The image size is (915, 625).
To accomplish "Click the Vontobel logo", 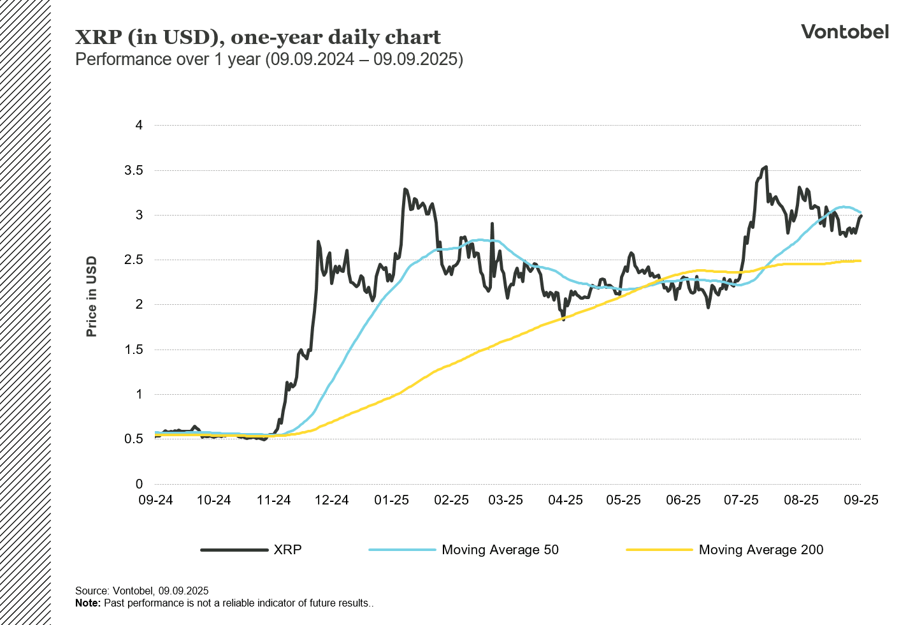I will [844, 32].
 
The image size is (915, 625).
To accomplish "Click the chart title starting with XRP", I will [257, 37].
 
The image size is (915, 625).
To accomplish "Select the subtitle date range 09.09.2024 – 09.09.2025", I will [364, 59].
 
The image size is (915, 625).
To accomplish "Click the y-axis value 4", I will [139, 125].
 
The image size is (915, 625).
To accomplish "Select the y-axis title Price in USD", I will [92, 297].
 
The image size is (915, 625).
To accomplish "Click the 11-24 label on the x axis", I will [273, 500].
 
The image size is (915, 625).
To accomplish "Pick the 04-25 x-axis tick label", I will [565, 500].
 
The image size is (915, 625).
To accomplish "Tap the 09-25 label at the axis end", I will [861, 500].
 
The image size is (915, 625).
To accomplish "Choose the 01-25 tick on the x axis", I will [391, 500].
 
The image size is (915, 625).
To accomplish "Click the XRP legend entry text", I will [287, 550].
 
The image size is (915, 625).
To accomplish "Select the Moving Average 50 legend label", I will [500, 550].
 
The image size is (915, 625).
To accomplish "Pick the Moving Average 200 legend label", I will [761, 550].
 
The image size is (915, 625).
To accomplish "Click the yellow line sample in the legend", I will [659, 550].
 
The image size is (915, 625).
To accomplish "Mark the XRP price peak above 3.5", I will [765, 167].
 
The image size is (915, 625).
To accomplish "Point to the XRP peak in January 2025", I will [405, 189].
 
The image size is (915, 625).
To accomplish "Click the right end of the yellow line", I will [860, 261].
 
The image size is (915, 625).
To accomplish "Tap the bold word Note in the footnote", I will [87, 603].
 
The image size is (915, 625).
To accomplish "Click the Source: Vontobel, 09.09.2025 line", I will [141, 591].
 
